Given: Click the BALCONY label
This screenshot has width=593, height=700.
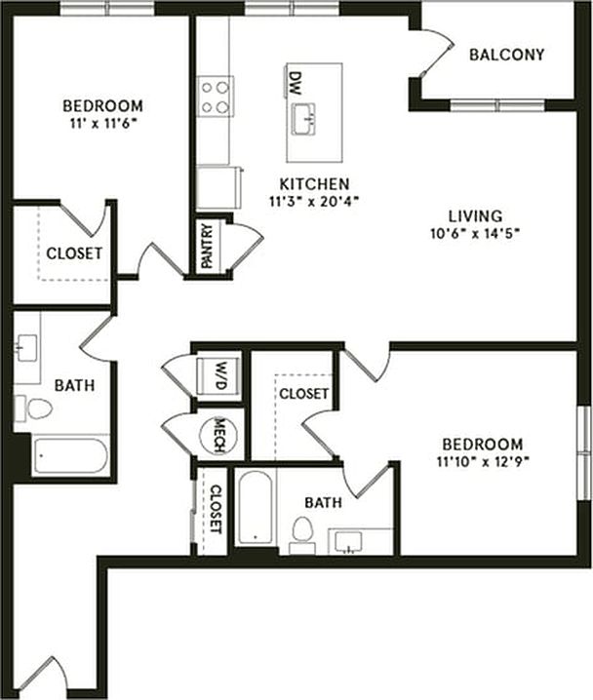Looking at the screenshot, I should (x=506, y=55).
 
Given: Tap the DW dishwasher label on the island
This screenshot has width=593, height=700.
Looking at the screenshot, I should (x=294, y=77).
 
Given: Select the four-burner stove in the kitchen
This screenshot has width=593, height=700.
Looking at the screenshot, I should (x=217, y=97).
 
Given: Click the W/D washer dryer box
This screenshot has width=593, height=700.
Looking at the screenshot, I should (x=220, y=373).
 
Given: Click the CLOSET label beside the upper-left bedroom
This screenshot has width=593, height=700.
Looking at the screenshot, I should (x=74, y=253).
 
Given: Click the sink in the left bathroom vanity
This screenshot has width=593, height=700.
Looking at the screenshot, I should (x=26, y=344).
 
